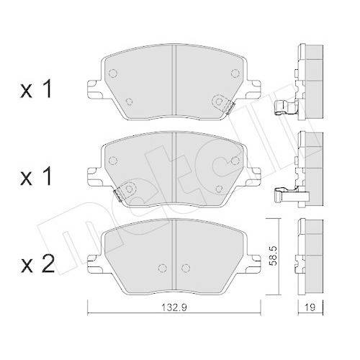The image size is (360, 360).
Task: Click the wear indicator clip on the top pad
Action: (x=230, y=108)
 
